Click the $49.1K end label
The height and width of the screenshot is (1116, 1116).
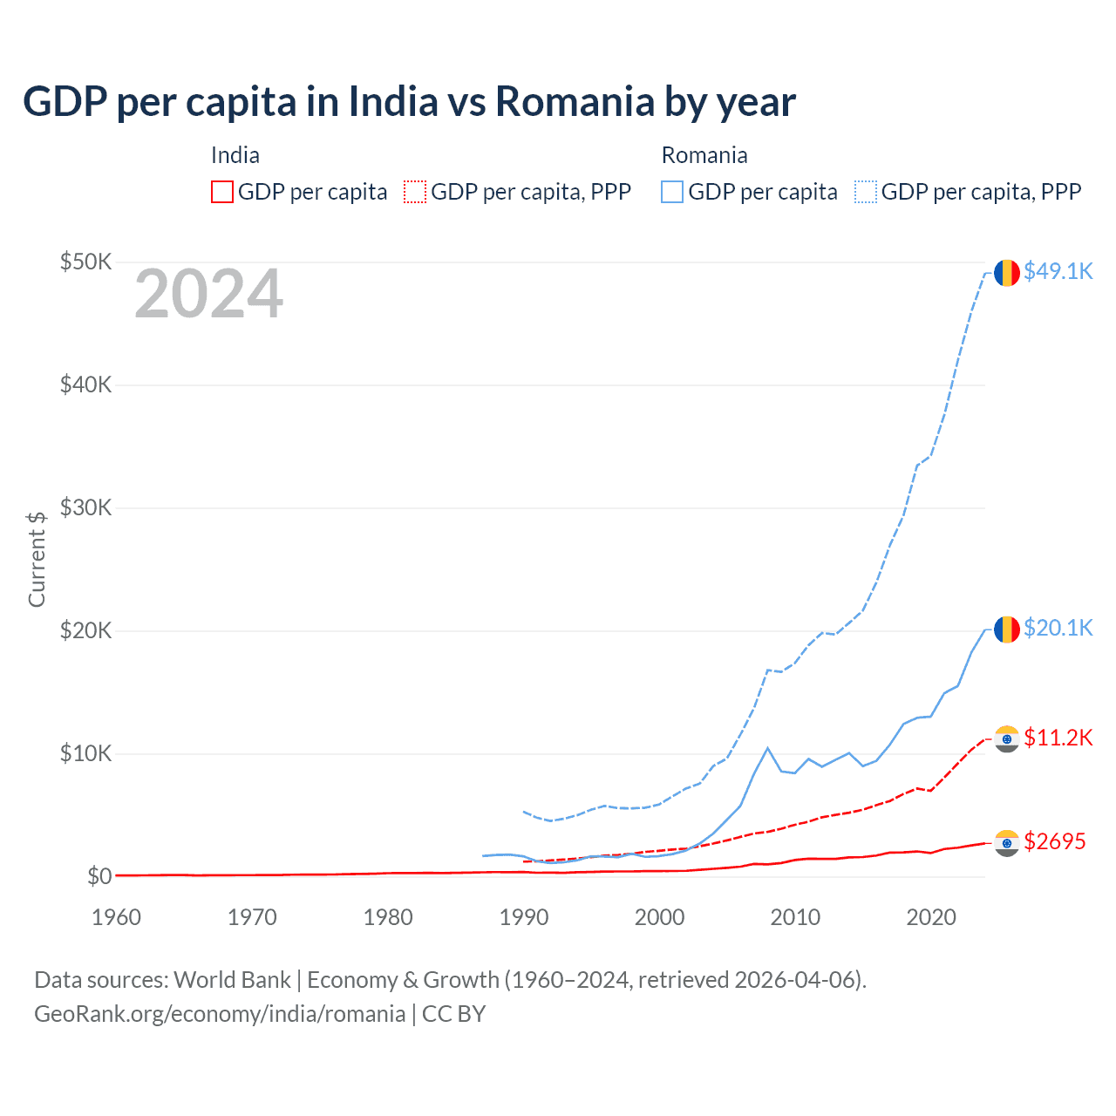click(x=1058, y=271)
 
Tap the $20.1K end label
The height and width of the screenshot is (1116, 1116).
click(x=1058, y=628)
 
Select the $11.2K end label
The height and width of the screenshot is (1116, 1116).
click(x=1058, y=738)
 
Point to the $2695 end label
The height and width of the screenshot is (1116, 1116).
click(x=1054, y=841)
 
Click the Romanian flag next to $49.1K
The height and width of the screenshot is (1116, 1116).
click(x=1007, y=273)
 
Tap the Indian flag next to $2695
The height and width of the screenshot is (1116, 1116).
click(x=1007, y=843)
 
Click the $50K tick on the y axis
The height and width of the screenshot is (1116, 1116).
click(x=85, y=262)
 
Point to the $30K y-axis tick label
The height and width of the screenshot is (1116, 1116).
click(x=85, y=507)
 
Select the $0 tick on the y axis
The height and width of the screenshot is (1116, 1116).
click(x=99, y=876)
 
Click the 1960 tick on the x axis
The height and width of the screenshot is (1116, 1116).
click(x=116, y=917)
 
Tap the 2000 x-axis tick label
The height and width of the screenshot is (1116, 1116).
click(x=660, y=917)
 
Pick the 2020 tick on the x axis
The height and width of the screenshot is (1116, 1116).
click(x=931, y=917)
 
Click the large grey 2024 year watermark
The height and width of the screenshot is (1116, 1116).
click(x=208, y=294)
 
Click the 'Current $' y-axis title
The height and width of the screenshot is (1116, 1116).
click(x=37, y=560)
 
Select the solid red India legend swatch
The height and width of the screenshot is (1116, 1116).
click(x=222, y=192)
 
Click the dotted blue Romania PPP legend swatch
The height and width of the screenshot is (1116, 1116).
click(x=866, y=192)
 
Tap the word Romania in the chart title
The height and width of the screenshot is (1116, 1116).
click(x=574, y=101)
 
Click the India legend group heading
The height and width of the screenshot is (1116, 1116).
click(x=235, y=155)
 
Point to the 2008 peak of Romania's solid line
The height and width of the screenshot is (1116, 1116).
click(x=767, y=748)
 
